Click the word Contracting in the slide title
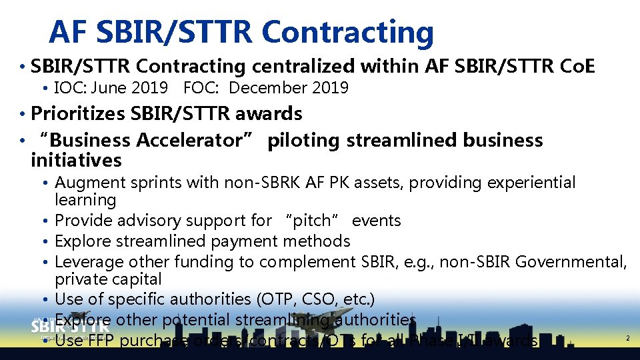[x=347, y=31]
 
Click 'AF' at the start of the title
[x=68, y=31]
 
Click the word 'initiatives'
[x=76, y=160]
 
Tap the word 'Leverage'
[x=89, y=261]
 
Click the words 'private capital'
[x=108, y=279]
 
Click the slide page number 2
[x=627, y=339]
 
